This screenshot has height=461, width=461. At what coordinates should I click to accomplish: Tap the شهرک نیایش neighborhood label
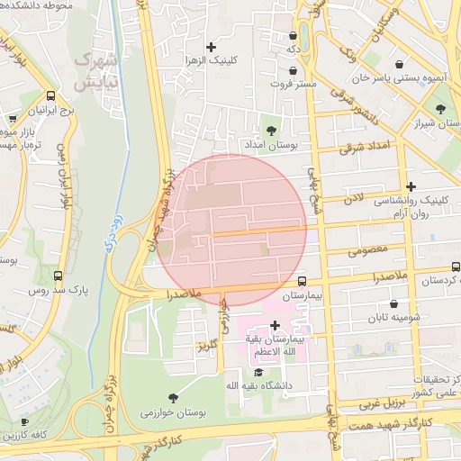pyautogui.click(x=95, y=71)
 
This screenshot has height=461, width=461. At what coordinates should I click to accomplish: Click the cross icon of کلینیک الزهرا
pyautogui.click(x=212, y=47)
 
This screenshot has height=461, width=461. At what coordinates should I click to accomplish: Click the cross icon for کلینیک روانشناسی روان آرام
pyautogui.click(x=411, y=185)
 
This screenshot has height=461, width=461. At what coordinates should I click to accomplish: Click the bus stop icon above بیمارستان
pyautogui.click(x=302, y=281)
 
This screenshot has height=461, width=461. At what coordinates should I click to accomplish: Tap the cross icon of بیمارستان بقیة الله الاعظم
pyautogui.click(x=275, y=325)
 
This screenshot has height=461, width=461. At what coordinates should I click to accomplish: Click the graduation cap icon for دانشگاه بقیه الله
pyautogui.click(x=258, y=372)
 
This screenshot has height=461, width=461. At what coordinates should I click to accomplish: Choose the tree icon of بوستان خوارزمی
pyautogui.click(x=173, y=397)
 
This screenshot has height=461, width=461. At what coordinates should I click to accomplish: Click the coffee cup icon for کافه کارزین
pyautogui.click(x=24, y=421)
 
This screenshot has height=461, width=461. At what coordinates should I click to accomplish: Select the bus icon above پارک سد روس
pyautogui.click(x=59, y=276)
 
